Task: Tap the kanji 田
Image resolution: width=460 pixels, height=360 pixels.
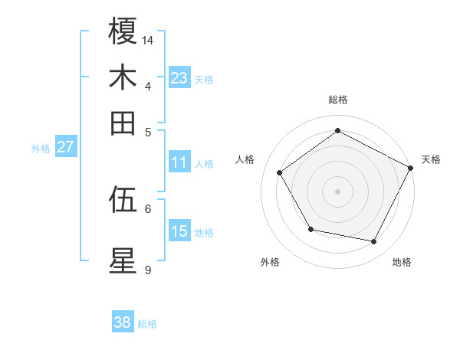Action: coord(123,123)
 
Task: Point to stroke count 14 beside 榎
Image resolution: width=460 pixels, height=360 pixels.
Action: coord(148,39)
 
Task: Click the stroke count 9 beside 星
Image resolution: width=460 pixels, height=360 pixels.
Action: coord(148,269)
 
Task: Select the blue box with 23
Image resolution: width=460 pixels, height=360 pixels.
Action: coord(179,78)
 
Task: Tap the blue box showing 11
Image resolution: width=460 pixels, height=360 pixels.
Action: coord(179,162)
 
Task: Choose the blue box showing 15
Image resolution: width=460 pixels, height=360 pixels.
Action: coord(179,231)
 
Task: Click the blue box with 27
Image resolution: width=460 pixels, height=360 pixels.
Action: coord(65,148)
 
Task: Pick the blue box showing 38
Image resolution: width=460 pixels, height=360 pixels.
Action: coord(122,322)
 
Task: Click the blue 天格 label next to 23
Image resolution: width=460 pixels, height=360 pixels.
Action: coord(204,80)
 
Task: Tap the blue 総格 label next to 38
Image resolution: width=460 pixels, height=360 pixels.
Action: coord(147,324)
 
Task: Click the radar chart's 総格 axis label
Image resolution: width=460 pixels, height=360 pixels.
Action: coord(337,100)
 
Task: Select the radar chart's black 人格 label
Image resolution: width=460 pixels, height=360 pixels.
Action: coord(245,159)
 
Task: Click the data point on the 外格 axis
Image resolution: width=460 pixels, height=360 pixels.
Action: coord(310,229)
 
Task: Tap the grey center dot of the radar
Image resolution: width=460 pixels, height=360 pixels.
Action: coord(337,191)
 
